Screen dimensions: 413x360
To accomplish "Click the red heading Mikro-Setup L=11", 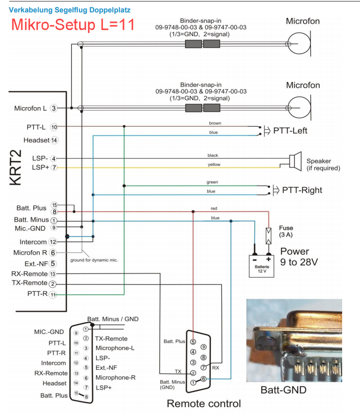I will (x=72, y=24).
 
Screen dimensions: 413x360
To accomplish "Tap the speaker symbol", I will (x=296, y=160).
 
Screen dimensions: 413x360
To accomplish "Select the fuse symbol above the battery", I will (x=269, y=235).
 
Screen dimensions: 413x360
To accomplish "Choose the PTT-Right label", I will (x=302, y=190).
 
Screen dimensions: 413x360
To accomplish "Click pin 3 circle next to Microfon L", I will (x=54, y=108).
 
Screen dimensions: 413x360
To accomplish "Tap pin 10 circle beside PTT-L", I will (x=54, y=127).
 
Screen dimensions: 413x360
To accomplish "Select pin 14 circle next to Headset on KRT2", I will (x=55, y=140).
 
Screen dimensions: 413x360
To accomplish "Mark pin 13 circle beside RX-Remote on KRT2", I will (x=53, y=274).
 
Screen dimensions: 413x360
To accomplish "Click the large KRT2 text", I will (x=16, y=166).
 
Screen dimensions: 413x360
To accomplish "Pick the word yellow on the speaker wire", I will (x=214, y=164).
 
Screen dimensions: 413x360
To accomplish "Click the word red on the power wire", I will (x=214, y=208).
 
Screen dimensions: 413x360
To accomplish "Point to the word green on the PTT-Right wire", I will (x=212, y=182).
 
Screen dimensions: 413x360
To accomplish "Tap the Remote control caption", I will (x=204, y=403).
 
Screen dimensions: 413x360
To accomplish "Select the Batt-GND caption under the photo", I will (x=284, y=390).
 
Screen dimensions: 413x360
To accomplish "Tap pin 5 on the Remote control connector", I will (x=194, y=342).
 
